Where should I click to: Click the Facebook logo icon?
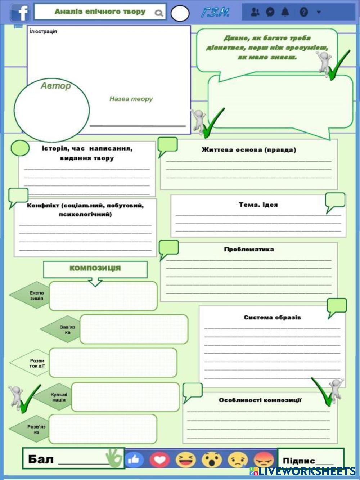(x=20, y=13)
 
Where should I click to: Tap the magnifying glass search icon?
(x=158, y=13)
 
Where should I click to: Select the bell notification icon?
(x=285, y=12)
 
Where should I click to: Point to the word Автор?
(x=55, y=86)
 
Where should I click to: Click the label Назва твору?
(x=131, y=99)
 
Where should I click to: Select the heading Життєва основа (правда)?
(x=249, y=150)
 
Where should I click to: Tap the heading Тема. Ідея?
(x=258, y=205)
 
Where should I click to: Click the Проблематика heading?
(x=249, y=249)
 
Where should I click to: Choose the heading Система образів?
(x=272, y=317)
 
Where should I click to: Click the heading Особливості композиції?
(x=260, y=400)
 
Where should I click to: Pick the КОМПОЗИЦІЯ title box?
(x=95, y=269)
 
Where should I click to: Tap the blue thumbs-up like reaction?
(x=134, y=459)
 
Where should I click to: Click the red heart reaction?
(x=159, y=459)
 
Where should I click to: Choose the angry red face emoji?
(x=264, y=459)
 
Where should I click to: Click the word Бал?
(x=41, y=459)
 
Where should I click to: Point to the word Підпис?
(x=298, y=461)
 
